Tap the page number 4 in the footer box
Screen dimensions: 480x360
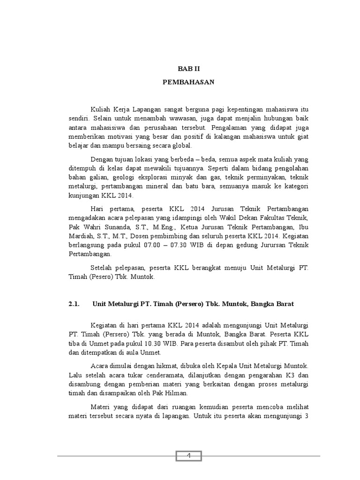click(188, 456)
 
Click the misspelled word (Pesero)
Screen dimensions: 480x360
click(98, 277)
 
